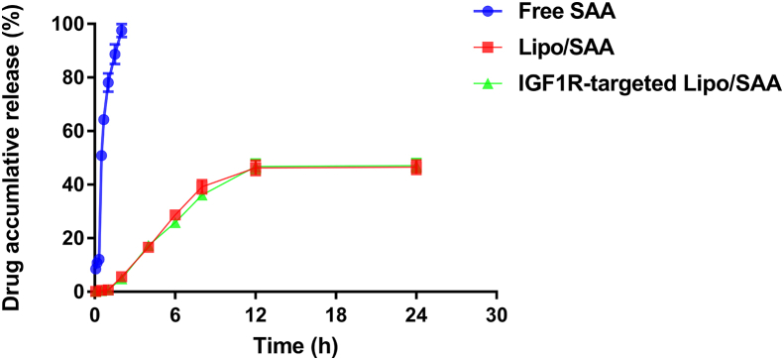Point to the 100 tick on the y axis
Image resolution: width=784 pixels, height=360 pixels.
(62, 23)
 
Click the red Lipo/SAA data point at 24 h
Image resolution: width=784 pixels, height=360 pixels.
(416, 167)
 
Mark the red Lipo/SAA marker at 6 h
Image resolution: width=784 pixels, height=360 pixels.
(175, 215)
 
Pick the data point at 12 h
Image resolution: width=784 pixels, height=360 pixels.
(256, 168)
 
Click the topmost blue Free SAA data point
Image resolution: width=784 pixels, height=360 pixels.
(122, 31)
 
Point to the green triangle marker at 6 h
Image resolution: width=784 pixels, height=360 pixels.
(175, 224)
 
